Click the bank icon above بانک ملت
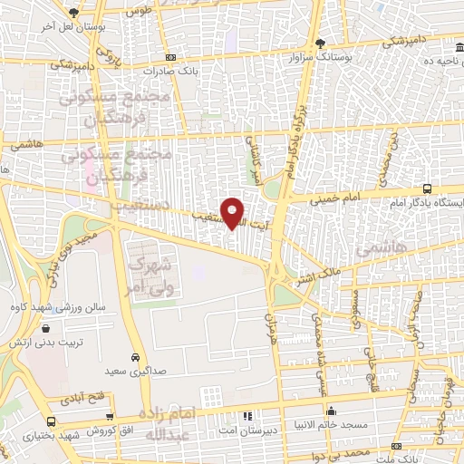point(396,446)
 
